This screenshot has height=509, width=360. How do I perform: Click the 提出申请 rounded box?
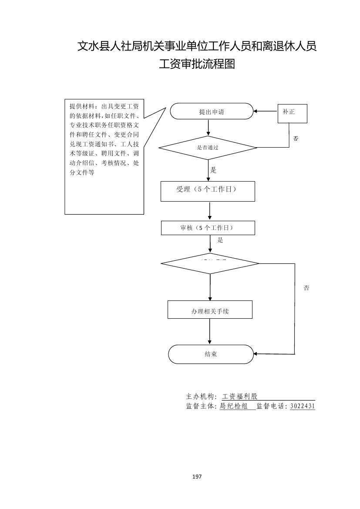pos(211,111)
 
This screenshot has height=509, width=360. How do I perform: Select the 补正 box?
pos(292,113)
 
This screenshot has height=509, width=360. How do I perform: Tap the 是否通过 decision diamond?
pos(208,148)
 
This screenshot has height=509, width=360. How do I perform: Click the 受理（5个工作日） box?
pos(208,191)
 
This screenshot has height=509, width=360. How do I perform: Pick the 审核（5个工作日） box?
pos(208,228)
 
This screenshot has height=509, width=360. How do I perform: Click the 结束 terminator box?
pos(211,354)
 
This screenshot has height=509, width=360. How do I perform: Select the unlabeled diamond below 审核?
pos(210,263)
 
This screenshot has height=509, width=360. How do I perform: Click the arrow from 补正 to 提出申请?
pos(266,111)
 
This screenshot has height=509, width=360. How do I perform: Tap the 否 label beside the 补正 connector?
pos(296,138)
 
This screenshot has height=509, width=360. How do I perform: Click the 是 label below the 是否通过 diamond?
pos(213,170)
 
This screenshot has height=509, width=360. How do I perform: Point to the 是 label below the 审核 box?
pos(220,240)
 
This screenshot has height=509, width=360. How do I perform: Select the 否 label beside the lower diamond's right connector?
pos(306,288)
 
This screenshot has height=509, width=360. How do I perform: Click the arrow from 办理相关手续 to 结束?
pos(210,331)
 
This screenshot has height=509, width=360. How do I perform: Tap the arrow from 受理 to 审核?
pos(210,211)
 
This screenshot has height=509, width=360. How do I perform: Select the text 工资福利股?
pos(240,397)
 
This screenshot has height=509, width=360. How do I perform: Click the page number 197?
pos(197,476)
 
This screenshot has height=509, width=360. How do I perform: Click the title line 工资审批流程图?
pos(197,64)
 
